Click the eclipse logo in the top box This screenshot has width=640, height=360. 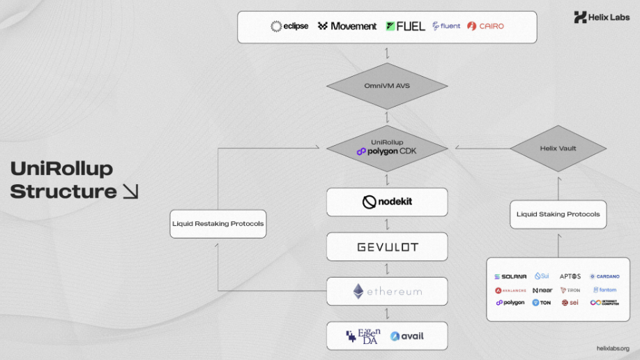tap(289, 27)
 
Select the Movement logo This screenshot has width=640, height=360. tap(347, 27)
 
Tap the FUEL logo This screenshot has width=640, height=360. tap(405, 27)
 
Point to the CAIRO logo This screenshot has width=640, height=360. tap(485, 27)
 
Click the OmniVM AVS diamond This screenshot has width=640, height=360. tap(387, 86)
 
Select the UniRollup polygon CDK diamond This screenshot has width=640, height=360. tap(387, 147)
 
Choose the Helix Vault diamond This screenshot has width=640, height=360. tap(558, 148)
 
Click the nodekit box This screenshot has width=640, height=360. tap(387, 202)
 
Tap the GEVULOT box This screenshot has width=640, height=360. tap(387, 247)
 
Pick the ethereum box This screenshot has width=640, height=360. tap(387, 291)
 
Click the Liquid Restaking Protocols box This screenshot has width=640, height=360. tap(218, 224)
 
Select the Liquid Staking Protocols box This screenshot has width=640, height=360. tap(558, 214)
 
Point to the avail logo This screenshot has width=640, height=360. tap(407, 336)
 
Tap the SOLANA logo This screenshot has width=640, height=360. tap(510, 276)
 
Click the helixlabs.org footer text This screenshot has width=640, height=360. tap(613, 348)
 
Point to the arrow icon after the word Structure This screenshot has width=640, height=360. tap(130, 191)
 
